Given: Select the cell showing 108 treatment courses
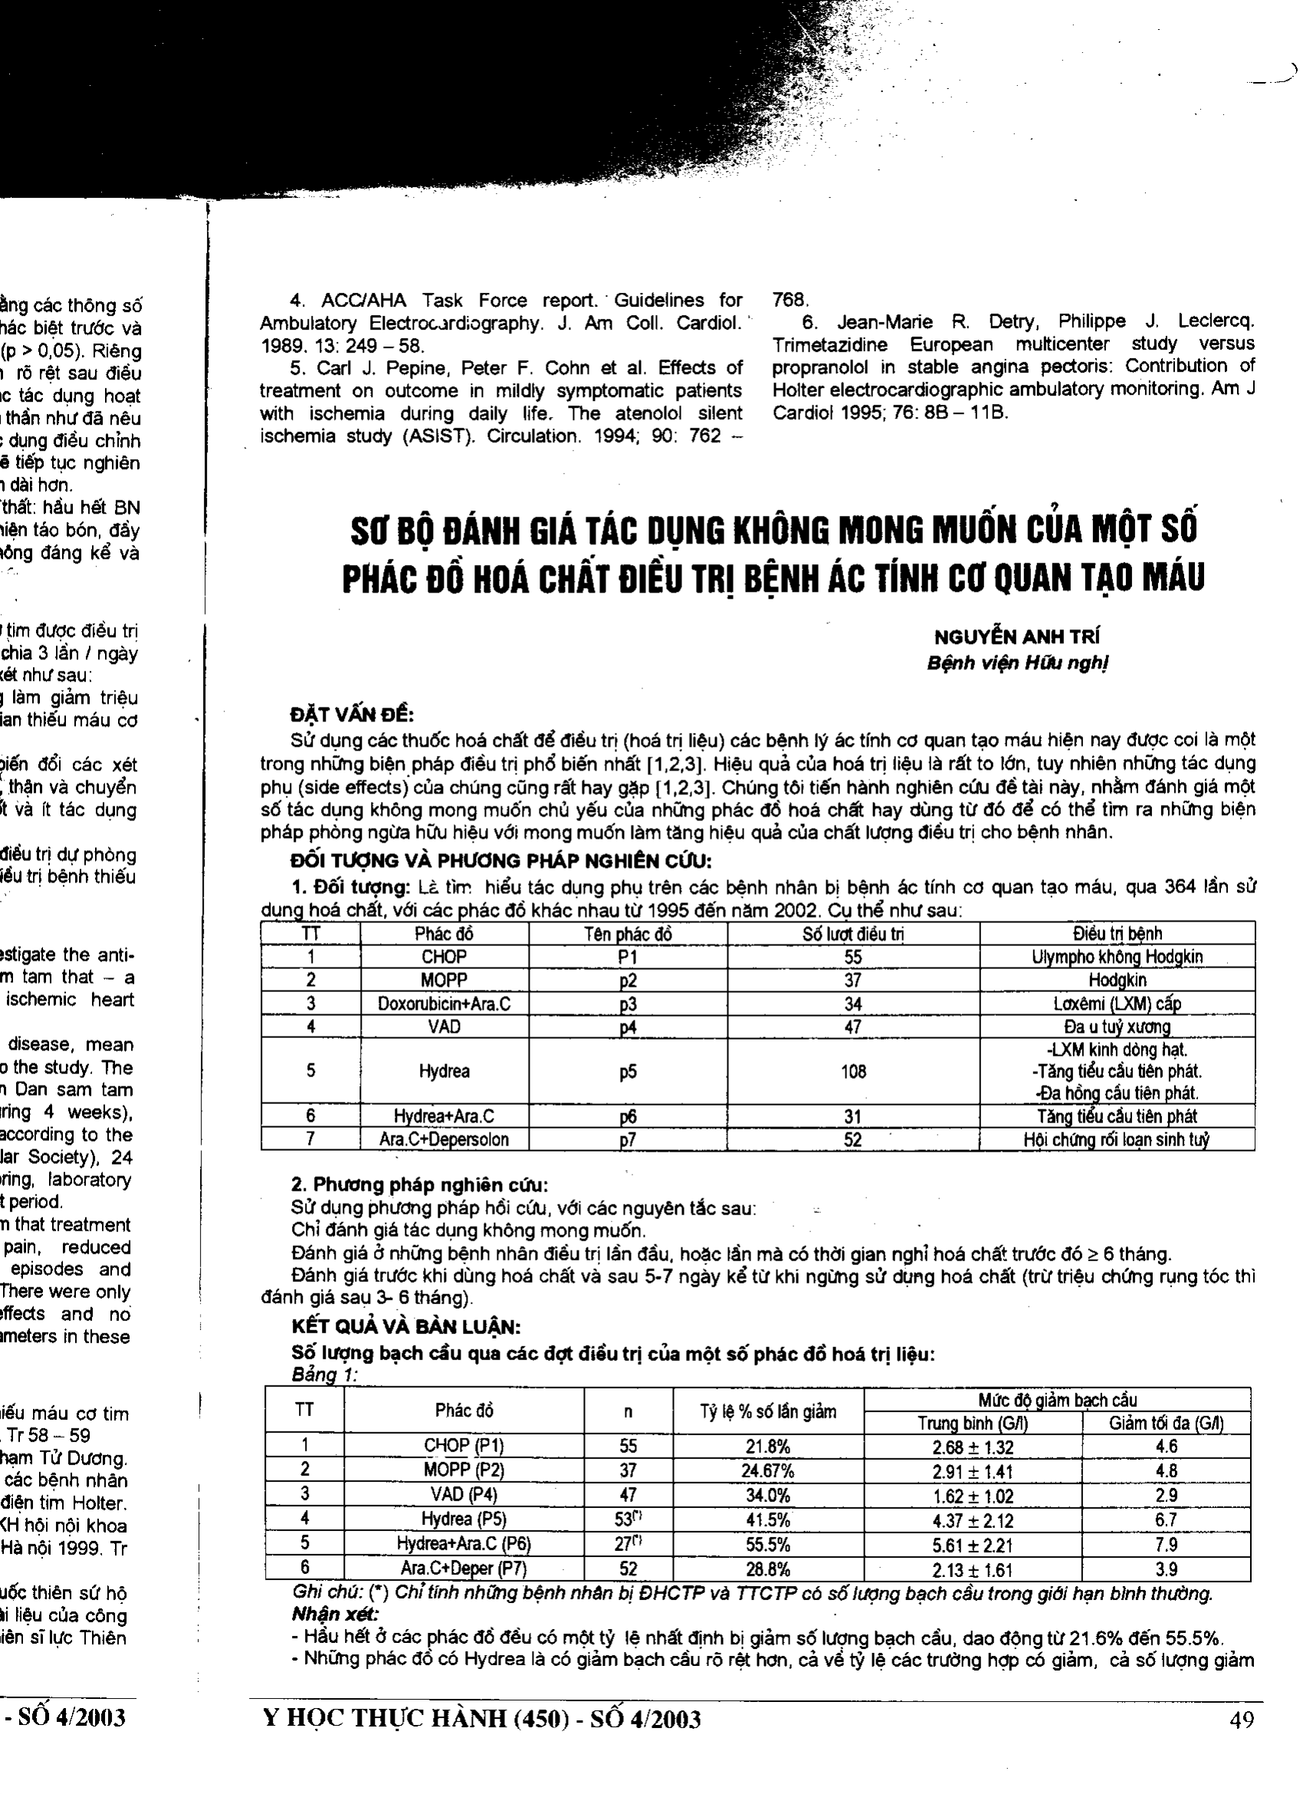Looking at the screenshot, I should pyautogui.click(x=853, y=1072).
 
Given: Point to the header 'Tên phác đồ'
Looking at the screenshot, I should pyautogui.click(x=628, y=934).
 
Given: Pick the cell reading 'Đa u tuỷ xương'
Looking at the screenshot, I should pyautogui.click(x=1118, y=1027).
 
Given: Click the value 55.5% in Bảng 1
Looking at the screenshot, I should pyautogui.click(x=767, y=1546).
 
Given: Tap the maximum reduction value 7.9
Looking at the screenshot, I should pyautogui.click(x=1167, y=1546).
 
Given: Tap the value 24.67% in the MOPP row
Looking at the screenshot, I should pyautogui.click(x=767, y=1472).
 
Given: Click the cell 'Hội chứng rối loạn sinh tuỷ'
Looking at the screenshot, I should pyautogui.click(x=1118, y=1140).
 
